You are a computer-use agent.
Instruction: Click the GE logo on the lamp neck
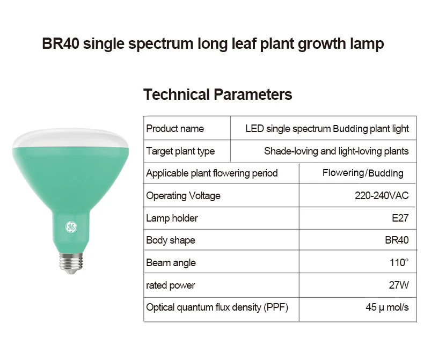pos(71,227)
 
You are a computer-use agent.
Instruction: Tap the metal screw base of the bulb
pos(71,263)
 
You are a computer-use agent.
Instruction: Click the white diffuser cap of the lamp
pos(70,138)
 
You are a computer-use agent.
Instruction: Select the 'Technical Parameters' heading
pos(218,94)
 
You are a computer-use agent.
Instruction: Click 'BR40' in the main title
pos(61,43)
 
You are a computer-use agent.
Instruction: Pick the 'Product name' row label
pos(175,128)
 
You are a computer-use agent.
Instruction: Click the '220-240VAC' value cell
pos(382,195)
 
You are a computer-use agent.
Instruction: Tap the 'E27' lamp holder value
pos(400,218)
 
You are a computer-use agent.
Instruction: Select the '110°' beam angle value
pos(399,262)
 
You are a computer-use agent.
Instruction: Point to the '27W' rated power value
pos(399,285)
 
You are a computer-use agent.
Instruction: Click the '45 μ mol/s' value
pos(387,307)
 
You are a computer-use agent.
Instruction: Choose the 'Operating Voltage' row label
pos(184,196)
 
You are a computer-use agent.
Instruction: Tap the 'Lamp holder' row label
pos(172,218)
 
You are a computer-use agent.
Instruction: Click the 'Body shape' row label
pos(171,240)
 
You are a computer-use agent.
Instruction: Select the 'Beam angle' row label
pos(171,263)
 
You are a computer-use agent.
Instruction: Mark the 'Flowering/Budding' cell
pos(363,173)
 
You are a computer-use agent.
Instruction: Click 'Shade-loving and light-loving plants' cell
pos(337,151)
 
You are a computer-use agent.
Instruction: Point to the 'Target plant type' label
pos(180,151)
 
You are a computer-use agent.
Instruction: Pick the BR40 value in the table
pos(397,240)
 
